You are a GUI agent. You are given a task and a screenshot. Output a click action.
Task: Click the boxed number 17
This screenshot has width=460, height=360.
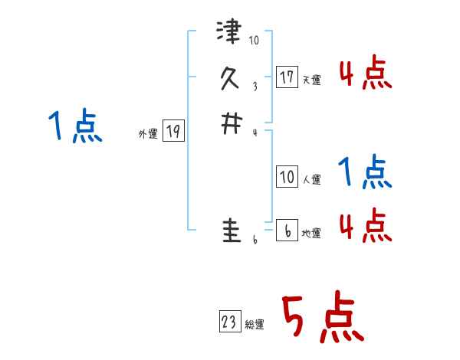(287, 77)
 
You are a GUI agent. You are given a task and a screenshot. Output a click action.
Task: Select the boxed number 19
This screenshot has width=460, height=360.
(173, 133)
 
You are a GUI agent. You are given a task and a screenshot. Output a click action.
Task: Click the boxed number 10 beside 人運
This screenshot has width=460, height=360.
(287, 178)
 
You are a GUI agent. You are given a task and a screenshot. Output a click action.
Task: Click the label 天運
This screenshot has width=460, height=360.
(311, 80)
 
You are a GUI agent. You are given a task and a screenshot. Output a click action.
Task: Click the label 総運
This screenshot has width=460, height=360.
(255, 325)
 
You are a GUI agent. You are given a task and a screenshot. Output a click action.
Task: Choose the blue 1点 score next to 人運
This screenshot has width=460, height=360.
(365, 172)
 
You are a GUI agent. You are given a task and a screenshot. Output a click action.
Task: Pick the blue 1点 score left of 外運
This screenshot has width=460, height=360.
(75, 126)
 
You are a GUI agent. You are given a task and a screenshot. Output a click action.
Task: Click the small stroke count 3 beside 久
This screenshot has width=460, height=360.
(255, 87)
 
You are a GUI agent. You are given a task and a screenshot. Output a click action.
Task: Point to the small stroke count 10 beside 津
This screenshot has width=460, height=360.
(255, 41)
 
